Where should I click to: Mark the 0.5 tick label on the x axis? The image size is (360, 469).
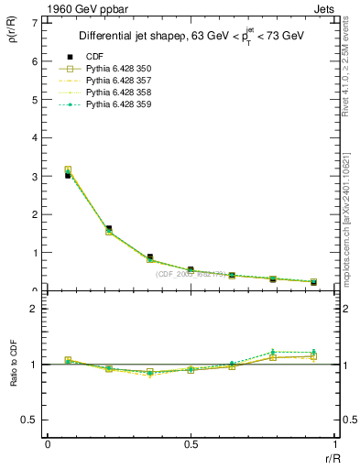(x=191, y=444)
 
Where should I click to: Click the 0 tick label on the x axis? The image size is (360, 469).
(x=48, y=444)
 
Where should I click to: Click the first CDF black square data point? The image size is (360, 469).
(x=68, y=175)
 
